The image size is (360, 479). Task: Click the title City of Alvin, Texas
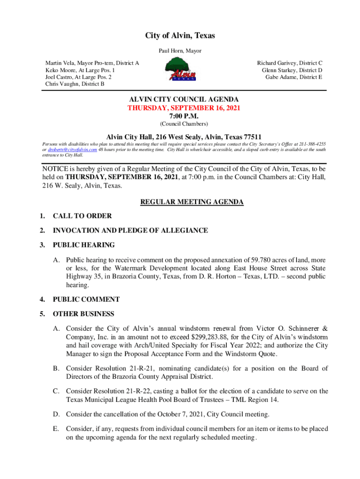click(x=180, y=36)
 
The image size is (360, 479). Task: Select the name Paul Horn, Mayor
click(x=180, y=51)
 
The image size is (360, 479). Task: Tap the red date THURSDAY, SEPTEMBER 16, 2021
click(x=184, y=108)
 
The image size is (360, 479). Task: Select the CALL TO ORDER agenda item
click(x=82, y=216)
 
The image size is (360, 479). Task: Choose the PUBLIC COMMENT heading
click(x=86, y=299)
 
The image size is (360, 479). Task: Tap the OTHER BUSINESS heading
click(x=83, y=314)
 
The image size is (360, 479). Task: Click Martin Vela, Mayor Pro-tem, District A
click(x=92, y=63)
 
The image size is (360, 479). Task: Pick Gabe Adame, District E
click(x=294, y=77)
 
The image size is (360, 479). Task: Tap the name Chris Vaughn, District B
click(x=75, y=84)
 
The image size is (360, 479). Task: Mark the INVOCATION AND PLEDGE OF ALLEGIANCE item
click(x=130, y=231)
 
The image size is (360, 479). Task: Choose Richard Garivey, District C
click(x=290, y=63)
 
